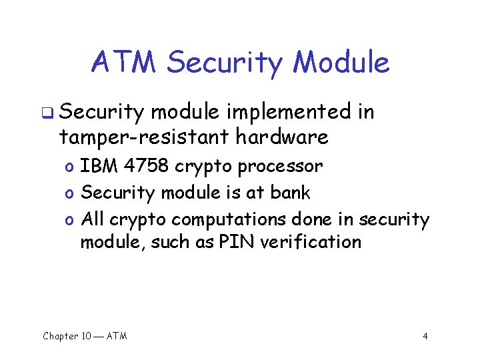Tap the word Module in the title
point(341,63)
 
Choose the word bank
point(290,193)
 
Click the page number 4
point(425,336)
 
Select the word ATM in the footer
point(117,336)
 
